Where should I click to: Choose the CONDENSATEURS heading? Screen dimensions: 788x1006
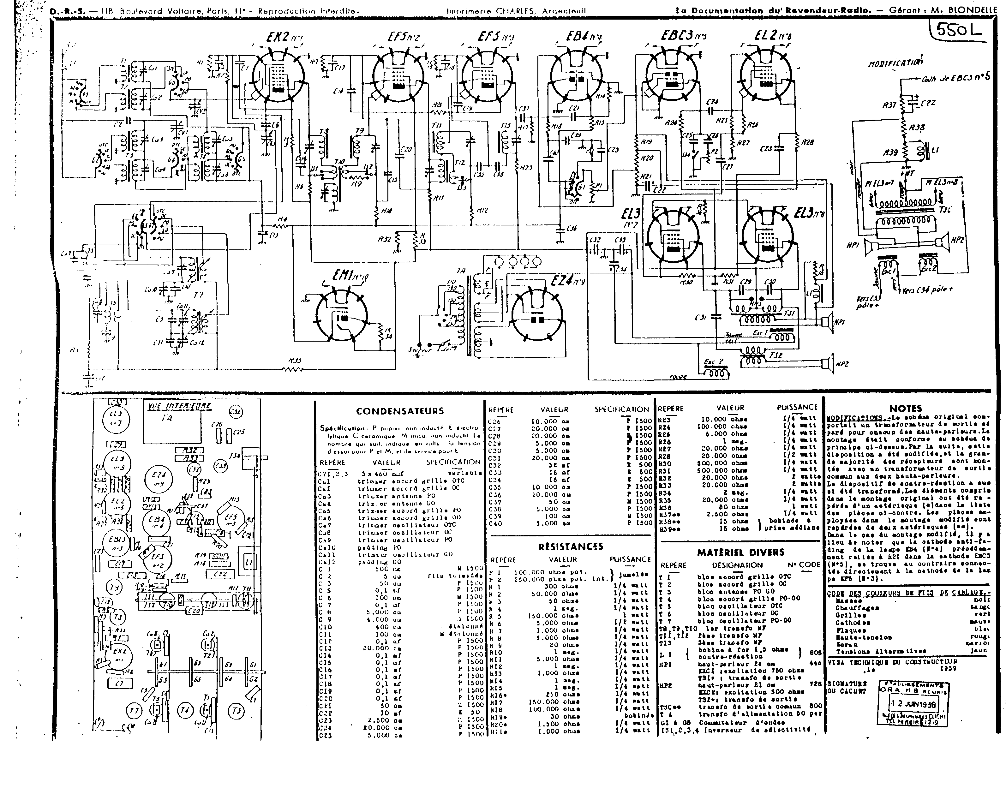400,411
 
